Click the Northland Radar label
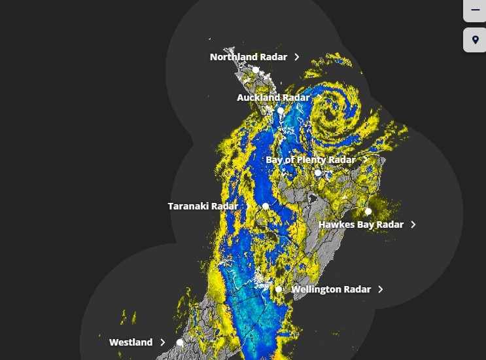(248, 57)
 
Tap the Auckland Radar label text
(273, 98)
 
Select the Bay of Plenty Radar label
(310, 160)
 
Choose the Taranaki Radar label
(203, 206)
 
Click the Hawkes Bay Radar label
(360, 225)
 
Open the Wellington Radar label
(330, 289)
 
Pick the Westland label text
(131, 342)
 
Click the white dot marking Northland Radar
(256, 70)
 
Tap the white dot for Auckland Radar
(281, 111)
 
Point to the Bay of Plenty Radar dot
(318, 173)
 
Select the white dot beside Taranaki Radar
(266, 206)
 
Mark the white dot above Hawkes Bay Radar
(368, 211)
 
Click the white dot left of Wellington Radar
(279, 289)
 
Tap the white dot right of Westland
(180, 342)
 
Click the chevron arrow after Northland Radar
(297, 57)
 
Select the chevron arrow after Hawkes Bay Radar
(413, 225)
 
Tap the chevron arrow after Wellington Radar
(381, 289)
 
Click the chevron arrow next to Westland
(163, 342)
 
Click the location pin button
(475, 40)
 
